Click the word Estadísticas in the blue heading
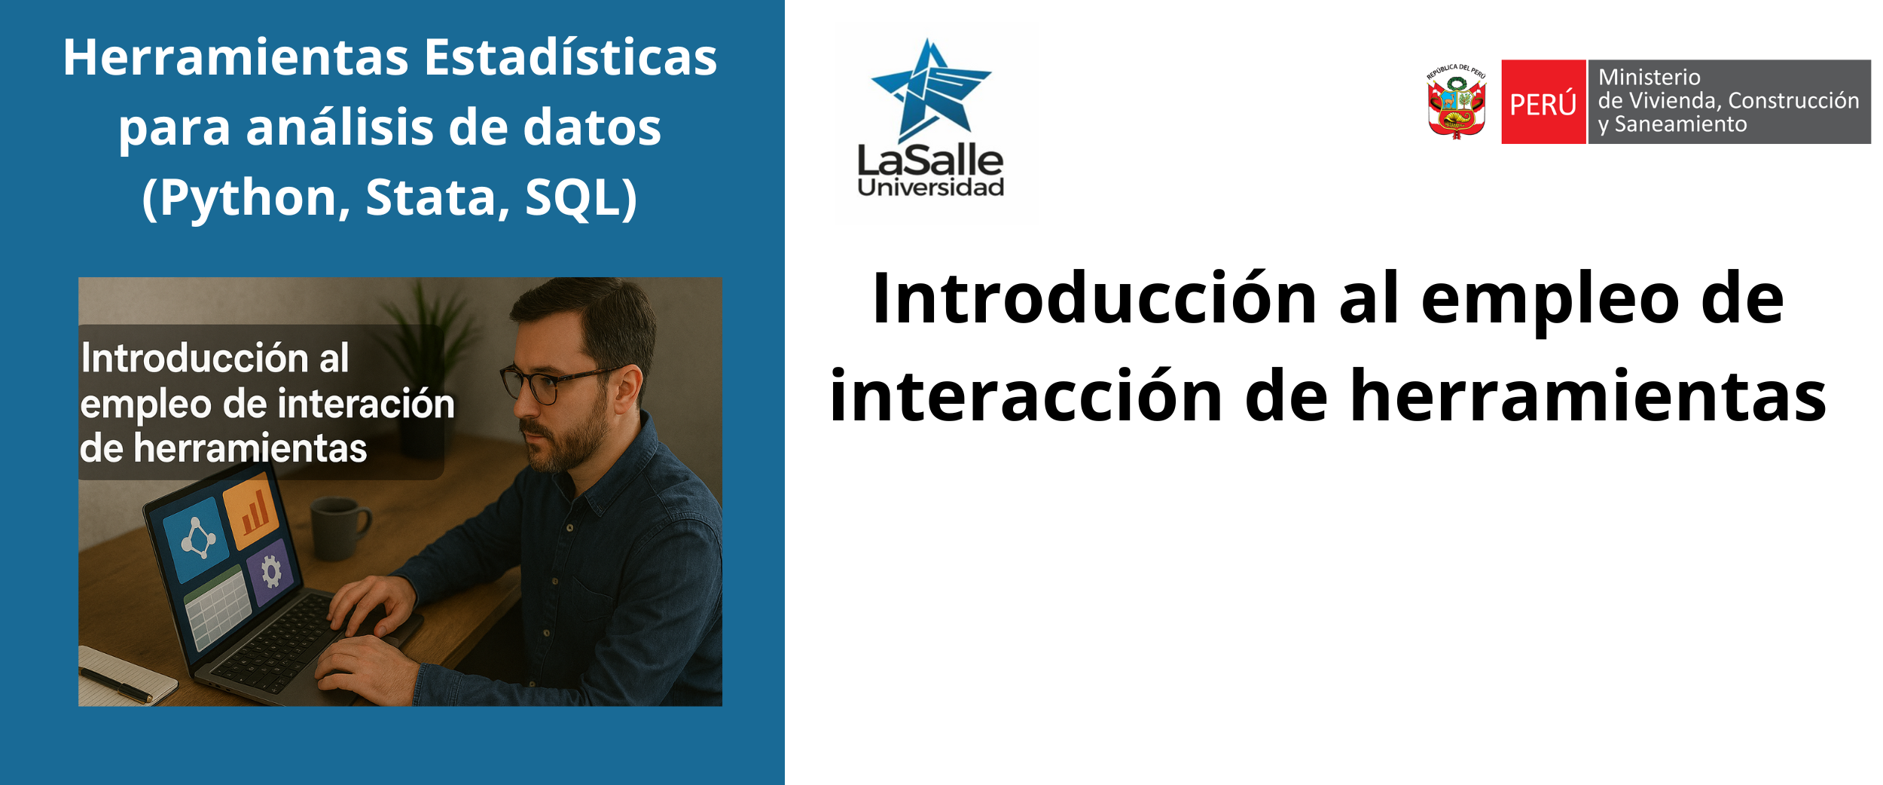coord(570,57)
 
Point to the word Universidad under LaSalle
coord(931,187)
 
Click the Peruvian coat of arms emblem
coord(1457,101)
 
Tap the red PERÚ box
coord(1543,102)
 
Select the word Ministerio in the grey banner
coord(1650,77)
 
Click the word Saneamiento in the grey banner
coord(1680,124)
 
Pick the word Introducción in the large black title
coord(1094,298)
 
